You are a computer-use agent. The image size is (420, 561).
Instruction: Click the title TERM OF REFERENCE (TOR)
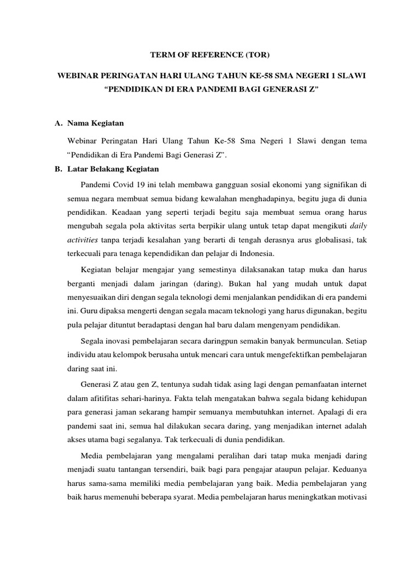click(x=211, y=55)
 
